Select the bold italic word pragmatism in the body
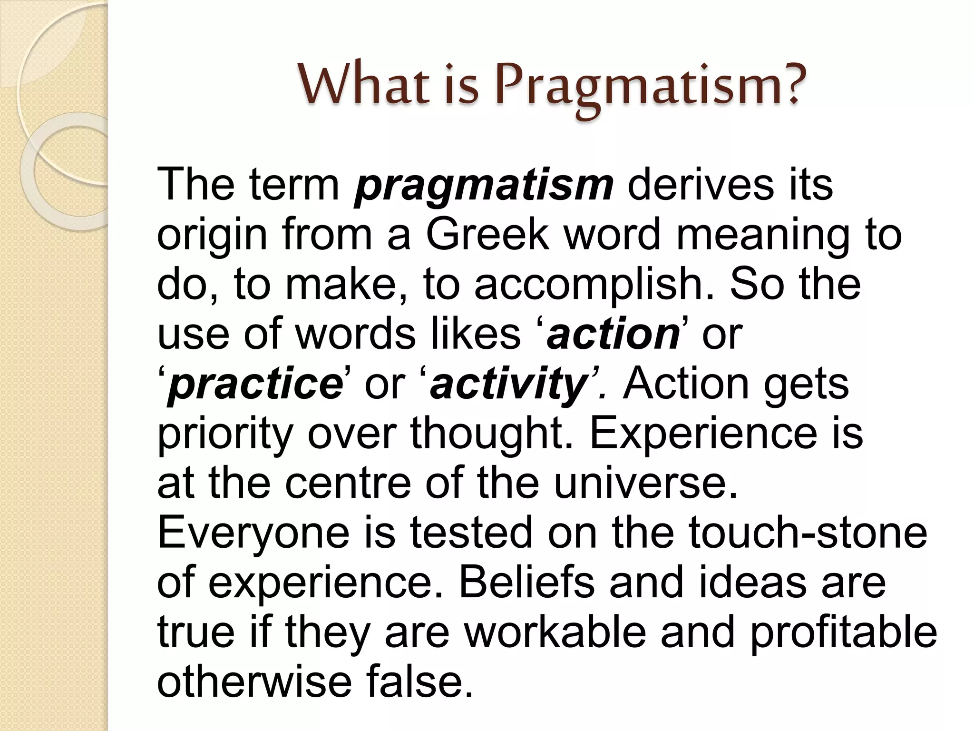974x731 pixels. click(484, 187)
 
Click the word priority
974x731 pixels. click(224, 435)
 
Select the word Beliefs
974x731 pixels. click(526, 583)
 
